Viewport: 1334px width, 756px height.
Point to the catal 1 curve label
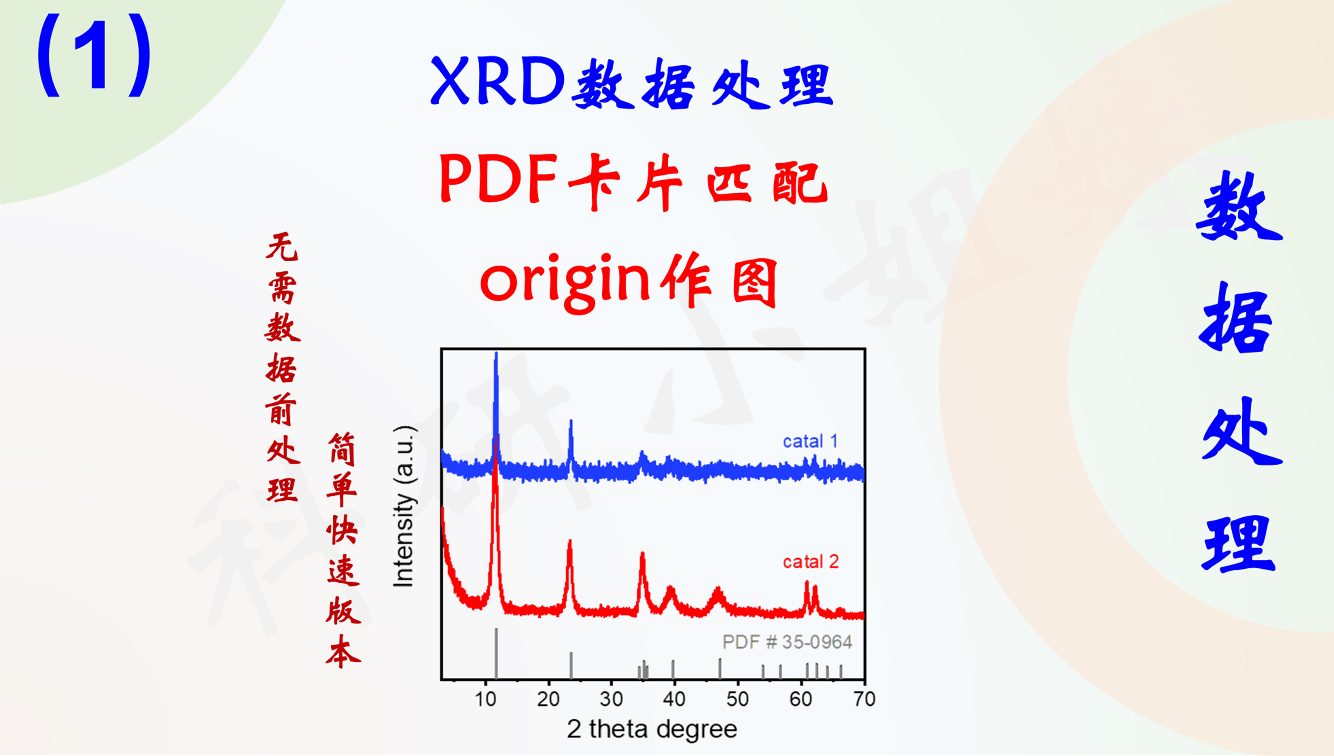810,441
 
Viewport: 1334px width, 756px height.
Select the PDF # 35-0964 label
787,642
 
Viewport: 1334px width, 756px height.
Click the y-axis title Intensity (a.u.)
404,506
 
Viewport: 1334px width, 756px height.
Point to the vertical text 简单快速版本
343,550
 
